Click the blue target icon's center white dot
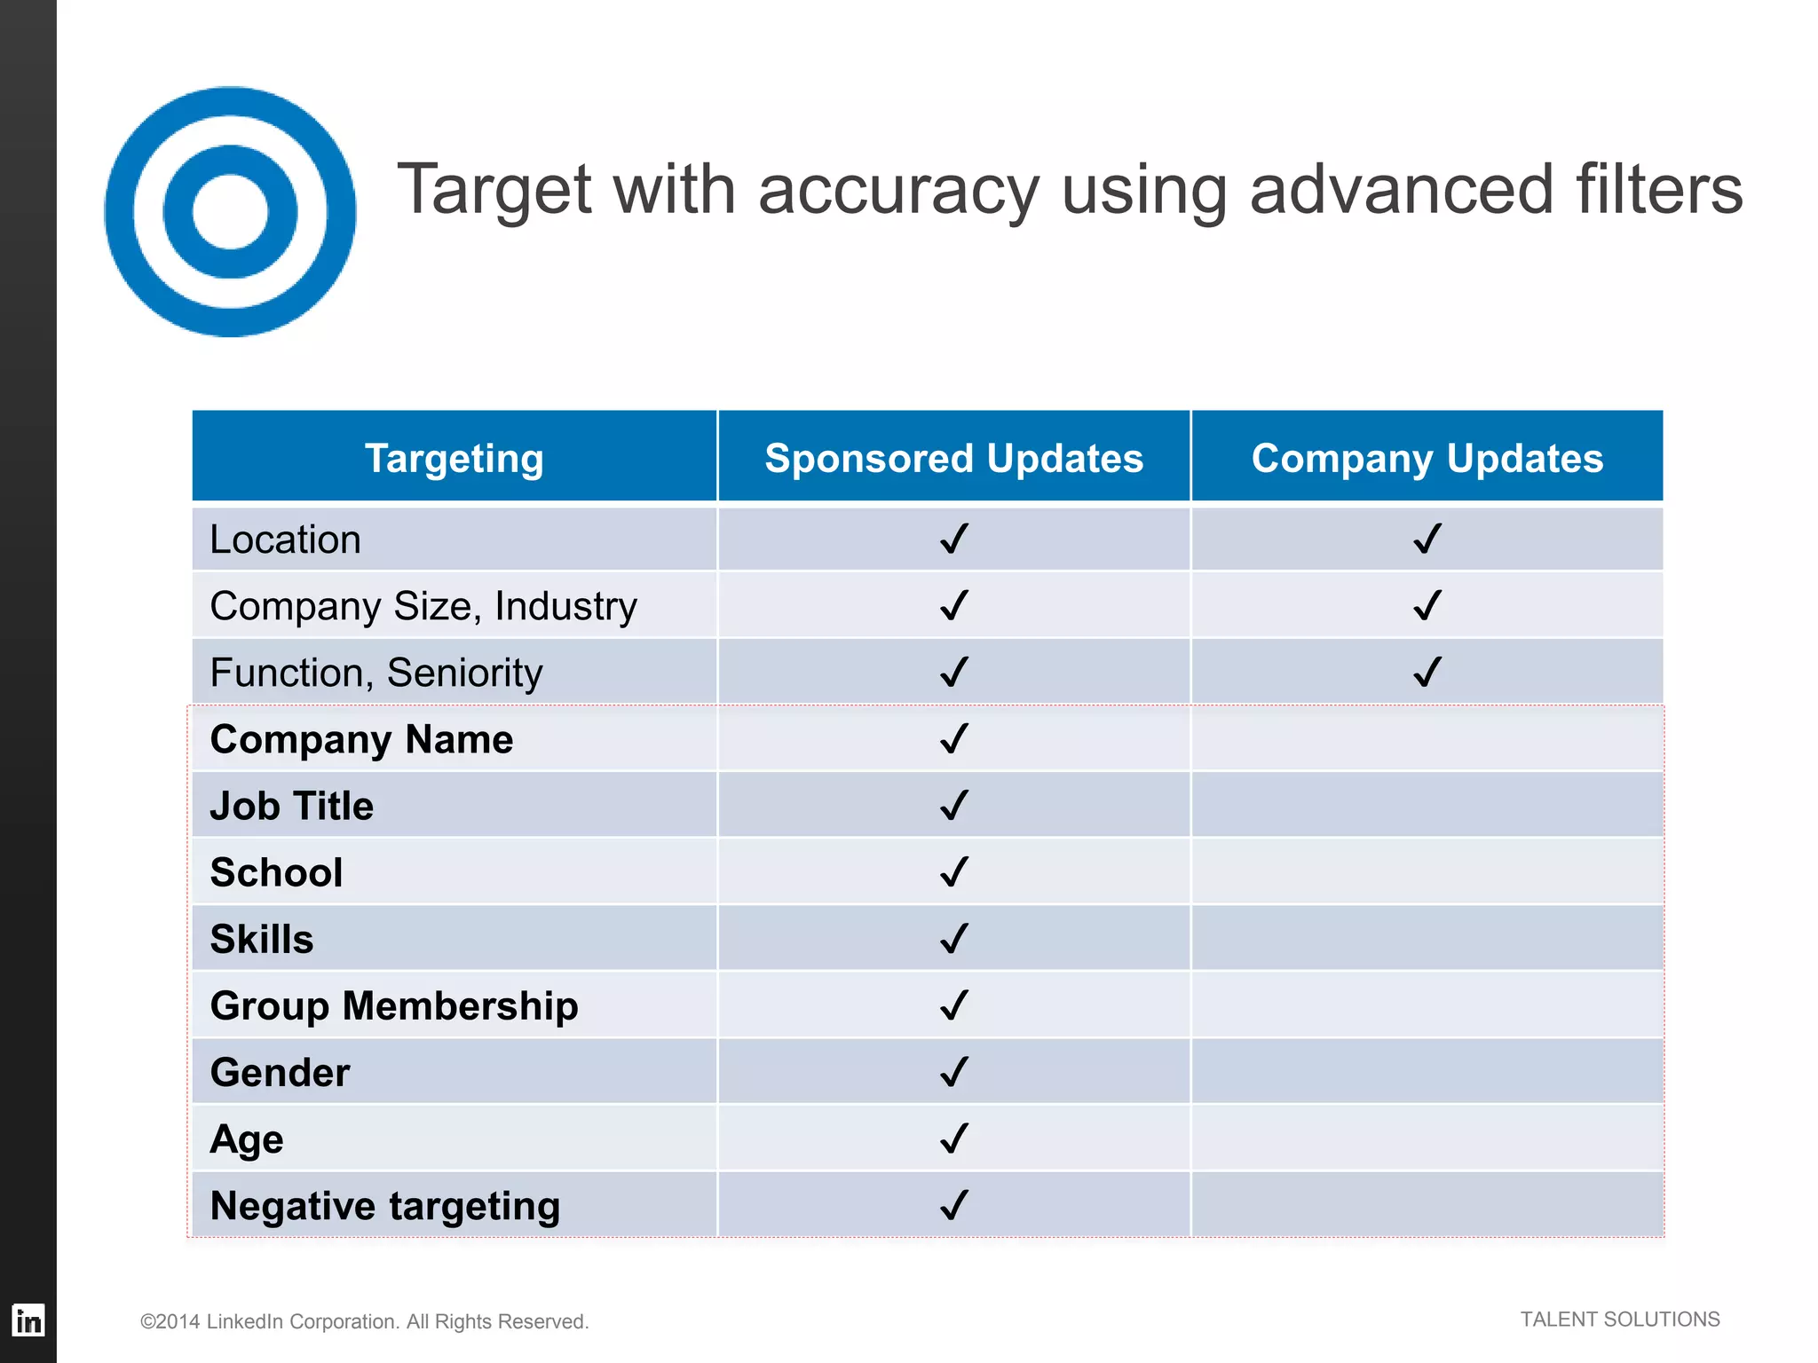coord(230,212)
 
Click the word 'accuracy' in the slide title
coord(898,190)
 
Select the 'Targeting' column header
coord(454,458)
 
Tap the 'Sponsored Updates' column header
coord(953,458)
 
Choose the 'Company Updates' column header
coord(1427,458)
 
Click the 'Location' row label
coord(285,540)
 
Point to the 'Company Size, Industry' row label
coord(423,606)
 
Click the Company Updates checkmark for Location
coord(1427,539)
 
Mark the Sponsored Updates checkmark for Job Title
coord(954,805)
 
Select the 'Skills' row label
coord(262,939)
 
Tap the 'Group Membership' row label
coord(394,1005)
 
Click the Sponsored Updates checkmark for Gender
coord(954,1072)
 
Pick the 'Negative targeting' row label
coord(385,1206)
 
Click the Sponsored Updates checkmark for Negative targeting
coord(954,1205)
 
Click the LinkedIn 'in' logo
coord(28,1320)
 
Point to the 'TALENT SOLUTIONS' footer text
coord(1619,1320)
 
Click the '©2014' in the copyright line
coord(170,1321)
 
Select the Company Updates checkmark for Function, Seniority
coord(1427,672)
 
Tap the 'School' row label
coord(276,872)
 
